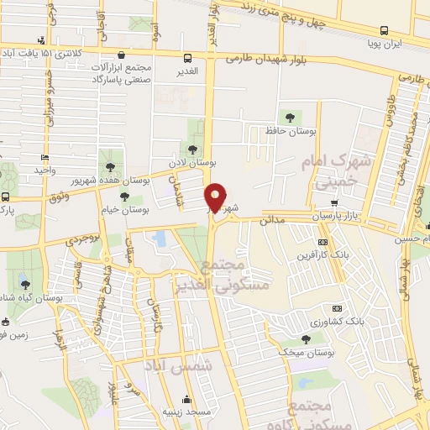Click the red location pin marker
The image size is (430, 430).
tap(216, 197)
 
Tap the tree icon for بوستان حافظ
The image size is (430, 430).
tap(290, 117)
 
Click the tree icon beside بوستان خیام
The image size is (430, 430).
tap(124, 197)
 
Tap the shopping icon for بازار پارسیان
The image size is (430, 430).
tap(335, 202)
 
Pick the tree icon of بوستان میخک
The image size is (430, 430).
tap(305, 339)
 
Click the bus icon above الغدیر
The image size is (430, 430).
tap(188, 58)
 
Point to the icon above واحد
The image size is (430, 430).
tap(45, 157)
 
